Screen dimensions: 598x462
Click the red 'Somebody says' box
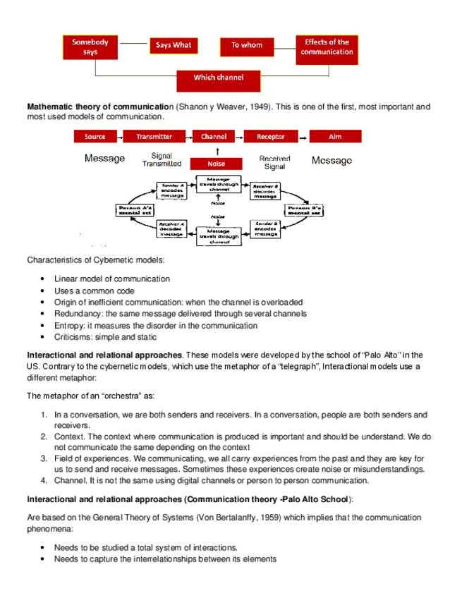[x=90, y=47]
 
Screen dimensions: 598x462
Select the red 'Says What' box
[x=173, y=47]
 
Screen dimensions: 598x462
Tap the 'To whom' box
[x=247, y=46]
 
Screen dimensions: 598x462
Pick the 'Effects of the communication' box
[x=327, y=47]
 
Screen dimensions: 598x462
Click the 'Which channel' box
[x=218, y=78]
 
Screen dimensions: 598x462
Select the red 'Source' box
[x=95, y=137]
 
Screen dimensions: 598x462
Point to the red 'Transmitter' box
[x=154, y=137]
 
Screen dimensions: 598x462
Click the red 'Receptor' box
[x=271, y=137]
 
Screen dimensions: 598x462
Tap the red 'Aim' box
[x=335, y=137]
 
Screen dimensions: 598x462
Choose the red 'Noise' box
[x=217, y=164]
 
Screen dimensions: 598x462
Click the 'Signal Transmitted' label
[x=162, y=159]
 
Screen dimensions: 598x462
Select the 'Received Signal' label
[x=274, y=163]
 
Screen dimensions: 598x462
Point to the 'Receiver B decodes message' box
[x=265, y=190]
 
